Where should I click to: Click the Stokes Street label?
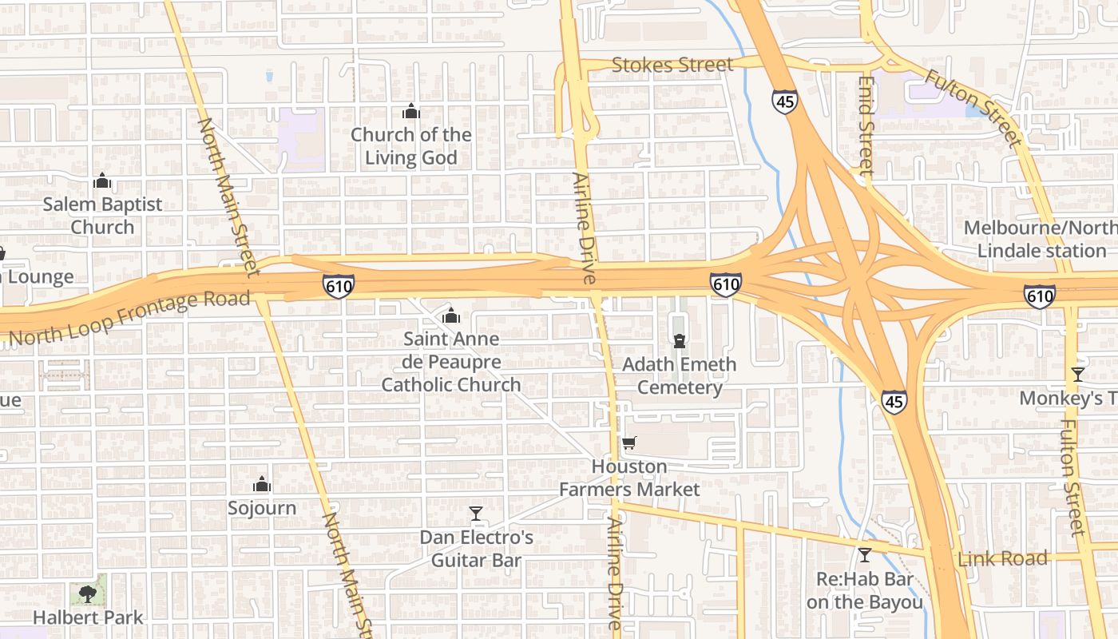tap(672, 65)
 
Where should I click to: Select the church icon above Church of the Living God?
tap(411, 111)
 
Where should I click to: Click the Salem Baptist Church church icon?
tap(101, 181)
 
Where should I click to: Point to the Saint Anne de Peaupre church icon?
tap(451, 316)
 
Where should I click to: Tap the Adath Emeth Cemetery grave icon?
tap(680, 342)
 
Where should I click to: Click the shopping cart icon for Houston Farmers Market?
tap(629, 443)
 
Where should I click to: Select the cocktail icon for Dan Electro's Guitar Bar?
tap(476, 513)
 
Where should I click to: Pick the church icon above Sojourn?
tap(261, 484)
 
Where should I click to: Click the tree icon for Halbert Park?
tap(88, 593)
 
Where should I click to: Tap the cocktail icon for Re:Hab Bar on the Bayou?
tap(864, 554)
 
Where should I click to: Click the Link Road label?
tap(1002, 558)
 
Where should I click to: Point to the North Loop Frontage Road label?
tap(130, 319)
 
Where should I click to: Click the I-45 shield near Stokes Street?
tap(783, 101)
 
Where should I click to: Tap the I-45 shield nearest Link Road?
tap(894, 402)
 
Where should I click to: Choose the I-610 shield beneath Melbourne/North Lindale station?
tap(1039, 297)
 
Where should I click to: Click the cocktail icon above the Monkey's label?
tap(1077, 375)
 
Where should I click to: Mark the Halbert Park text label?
tap(88, 617)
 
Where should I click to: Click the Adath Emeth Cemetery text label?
tap(679, 376)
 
